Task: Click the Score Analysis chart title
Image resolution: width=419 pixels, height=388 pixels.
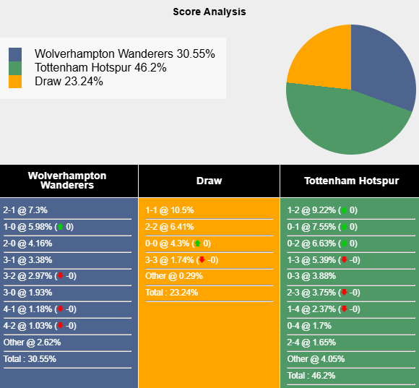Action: [x=209, y=12]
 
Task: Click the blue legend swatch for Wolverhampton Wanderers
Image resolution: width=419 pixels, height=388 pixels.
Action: [x=15, y=55]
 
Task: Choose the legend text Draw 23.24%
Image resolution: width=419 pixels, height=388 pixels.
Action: [x=69, y=82]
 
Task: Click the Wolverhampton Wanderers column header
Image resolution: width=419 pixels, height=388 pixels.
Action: [x=67, y=181]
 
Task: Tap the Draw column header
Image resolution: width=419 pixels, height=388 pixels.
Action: [x=209, y=181]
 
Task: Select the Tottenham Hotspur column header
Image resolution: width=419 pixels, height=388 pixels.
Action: [x=350, y=181]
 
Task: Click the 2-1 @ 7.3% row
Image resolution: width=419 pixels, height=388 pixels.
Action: [x=25, y=210]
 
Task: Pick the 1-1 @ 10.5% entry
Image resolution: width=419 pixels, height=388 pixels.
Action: [x=170, y=210]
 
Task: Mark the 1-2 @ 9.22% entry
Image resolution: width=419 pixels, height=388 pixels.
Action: [x=312, y=210]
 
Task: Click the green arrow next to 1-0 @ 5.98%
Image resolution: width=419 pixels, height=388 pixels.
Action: [x=60, y=227]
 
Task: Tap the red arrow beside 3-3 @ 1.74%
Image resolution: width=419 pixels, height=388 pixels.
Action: [x=202, y=259]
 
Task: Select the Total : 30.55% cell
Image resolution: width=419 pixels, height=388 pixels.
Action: [x=30, y=359]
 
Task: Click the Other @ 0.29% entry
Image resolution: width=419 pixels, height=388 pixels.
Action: [x=174, y=276]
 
